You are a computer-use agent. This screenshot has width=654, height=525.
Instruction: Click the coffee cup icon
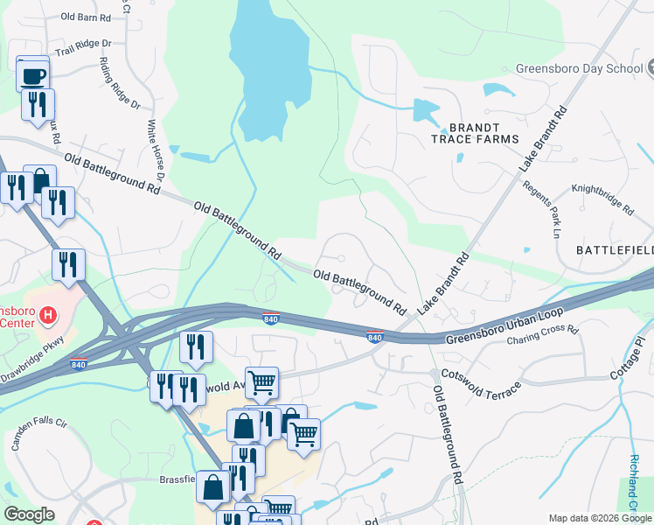click(x=33, y=75)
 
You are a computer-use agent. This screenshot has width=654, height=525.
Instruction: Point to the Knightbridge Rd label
click(x=602, y=199)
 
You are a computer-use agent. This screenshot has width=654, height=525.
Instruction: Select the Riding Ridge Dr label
click(x=119, y=83)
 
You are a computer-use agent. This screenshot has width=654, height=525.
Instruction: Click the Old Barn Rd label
click(x=86, y=16)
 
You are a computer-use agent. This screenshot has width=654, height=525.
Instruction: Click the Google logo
click(x=29, y=514)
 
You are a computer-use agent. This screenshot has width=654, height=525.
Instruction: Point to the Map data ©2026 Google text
click(x=600, y=518)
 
